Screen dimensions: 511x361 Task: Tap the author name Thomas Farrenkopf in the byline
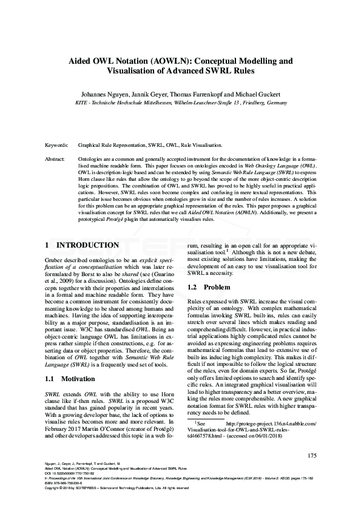tap(196, 95)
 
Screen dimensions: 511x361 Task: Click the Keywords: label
tap(57, 146)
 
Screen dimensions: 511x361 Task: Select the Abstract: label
tap(56, 158)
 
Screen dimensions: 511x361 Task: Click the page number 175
tap(312, 455)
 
